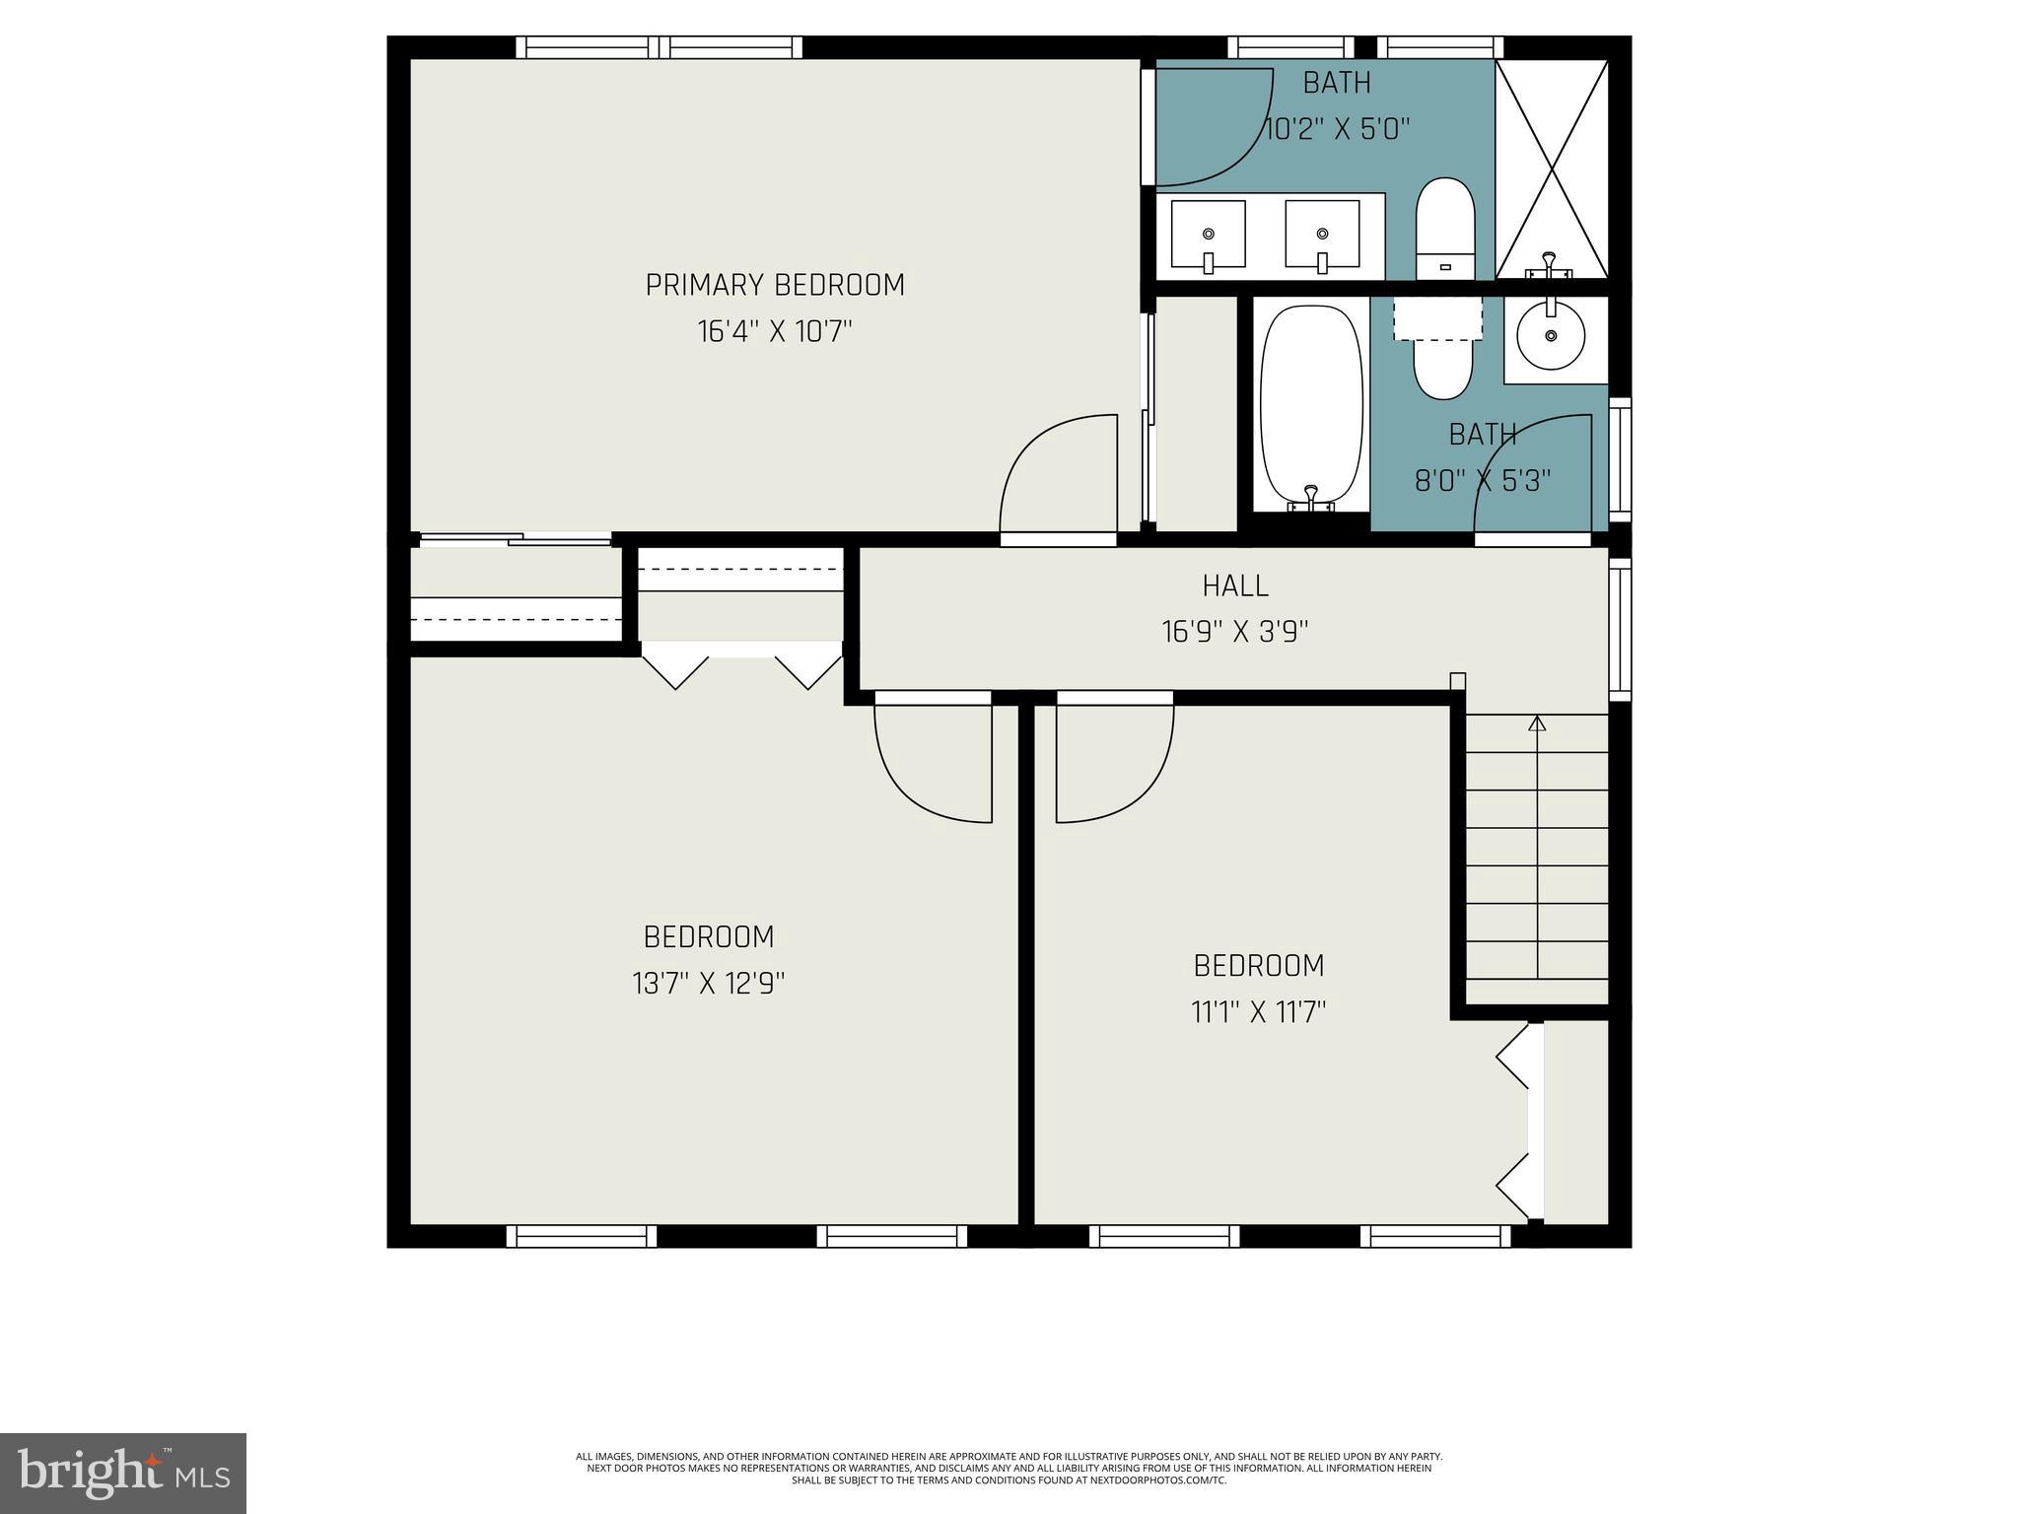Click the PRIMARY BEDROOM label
(x=775, y=285)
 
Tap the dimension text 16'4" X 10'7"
(x=775, y=331)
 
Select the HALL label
(x=1234, y=585)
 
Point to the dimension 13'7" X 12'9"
(x=708, y=984)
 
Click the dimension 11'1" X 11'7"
(x=1258, y=1012)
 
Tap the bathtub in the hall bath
(x=1311, y=406)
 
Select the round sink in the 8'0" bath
(x=1551, y=336)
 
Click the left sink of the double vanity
(x=1208, y=235)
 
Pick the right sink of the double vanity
(x=1322, y=235)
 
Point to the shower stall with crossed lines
(x=1552, y=168)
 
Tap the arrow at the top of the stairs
(x=1537, y=723)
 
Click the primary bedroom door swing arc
(x=1055, y=473)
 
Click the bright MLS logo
(x=123, y=1473)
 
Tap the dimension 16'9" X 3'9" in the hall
(x=1234, y=632)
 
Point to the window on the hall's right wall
(x=1619, y=629)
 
